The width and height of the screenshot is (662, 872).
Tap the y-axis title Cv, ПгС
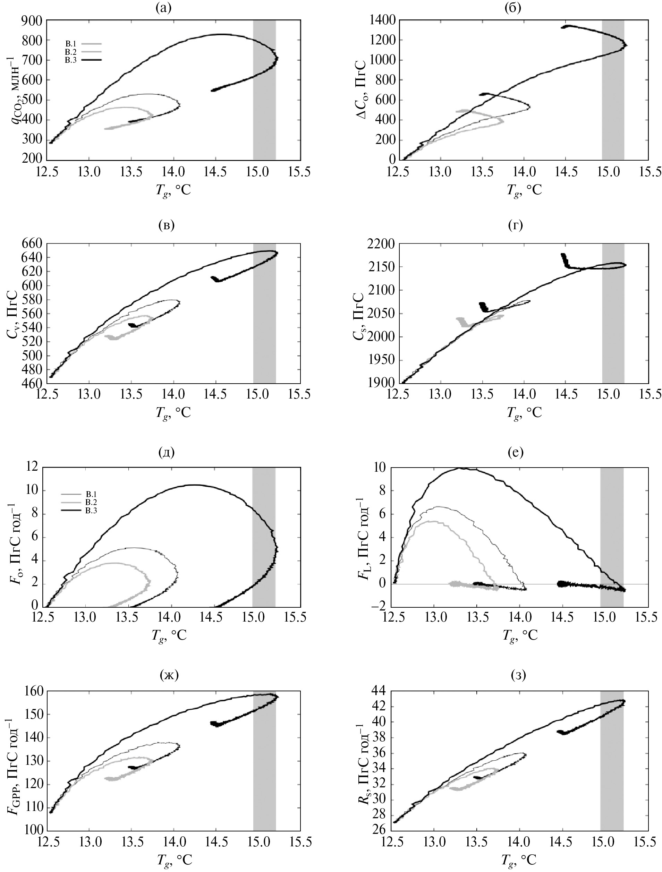[x=12, y=314]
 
